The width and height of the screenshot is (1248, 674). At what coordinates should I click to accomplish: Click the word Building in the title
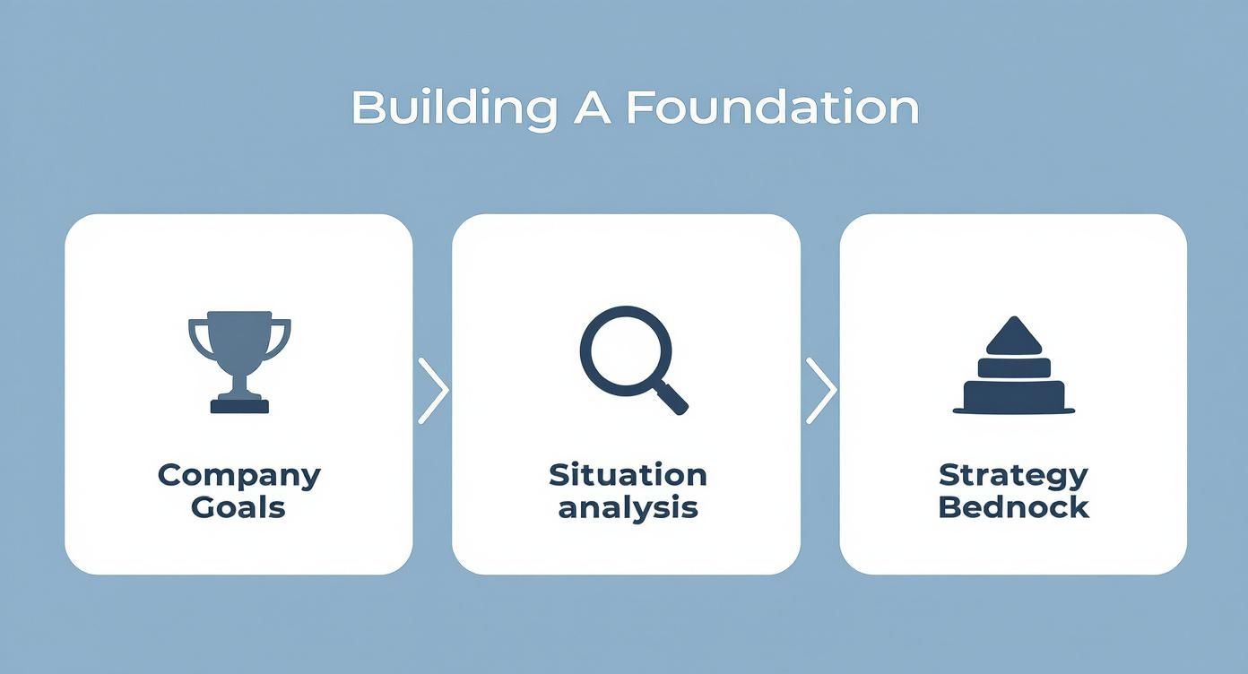click(452, 109)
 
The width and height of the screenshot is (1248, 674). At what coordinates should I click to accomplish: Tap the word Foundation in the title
click(772, 108)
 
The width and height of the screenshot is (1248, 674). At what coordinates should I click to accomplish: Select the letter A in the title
click(591, 108)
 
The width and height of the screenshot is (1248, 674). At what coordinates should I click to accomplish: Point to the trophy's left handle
click(197, 338)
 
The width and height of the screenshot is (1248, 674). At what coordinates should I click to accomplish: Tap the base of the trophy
click(239, 405)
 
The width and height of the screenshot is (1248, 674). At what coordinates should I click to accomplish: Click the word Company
click(239, 475)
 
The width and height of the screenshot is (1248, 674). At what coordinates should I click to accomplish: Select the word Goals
click(238, 507)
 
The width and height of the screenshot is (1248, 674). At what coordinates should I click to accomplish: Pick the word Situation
click(628, 475)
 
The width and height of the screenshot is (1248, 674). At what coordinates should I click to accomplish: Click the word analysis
click(628, 507)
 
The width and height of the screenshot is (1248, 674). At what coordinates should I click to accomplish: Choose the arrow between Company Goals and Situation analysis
click(433, 391)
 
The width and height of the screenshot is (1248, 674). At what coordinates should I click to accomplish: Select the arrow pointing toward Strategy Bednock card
click(820, 391)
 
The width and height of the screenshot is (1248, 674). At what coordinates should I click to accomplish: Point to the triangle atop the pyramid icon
click(1014, 337)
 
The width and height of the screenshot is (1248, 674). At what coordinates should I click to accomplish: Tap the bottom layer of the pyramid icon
click(1014, 397)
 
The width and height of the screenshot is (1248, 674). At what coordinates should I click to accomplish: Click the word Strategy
click(1013, 475)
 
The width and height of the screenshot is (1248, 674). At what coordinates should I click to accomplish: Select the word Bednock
click(1013, 507)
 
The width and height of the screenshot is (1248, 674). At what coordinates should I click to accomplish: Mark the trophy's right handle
click(282, 338)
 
